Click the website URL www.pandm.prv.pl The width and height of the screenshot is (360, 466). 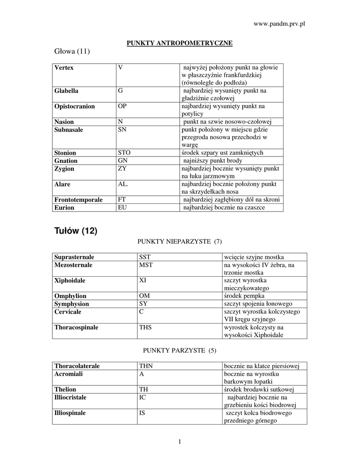point(278,23)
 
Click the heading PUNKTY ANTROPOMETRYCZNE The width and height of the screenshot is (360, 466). point(179,43)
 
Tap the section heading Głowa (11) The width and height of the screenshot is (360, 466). point(72,51)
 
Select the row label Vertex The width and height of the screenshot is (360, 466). point(64,68)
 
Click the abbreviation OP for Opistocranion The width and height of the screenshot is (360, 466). point(122,106)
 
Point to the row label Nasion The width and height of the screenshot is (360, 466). point(64,122)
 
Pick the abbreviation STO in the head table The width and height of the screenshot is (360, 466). point(124,153)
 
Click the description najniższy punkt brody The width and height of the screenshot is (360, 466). point(213,161)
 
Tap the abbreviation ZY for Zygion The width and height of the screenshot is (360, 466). point(122,169)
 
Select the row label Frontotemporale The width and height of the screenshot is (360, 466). point(78,200)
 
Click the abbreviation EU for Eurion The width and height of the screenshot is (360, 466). point(122,208)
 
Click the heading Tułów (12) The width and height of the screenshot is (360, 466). point(76,231)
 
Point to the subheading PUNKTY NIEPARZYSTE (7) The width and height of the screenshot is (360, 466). point(179,241)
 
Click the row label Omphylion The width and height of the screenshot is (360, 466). point(71,296)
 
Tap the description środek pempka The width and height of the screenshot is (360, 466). point(244,296)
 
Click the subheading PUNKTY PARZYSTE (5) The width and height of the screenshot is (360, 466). point(179,350)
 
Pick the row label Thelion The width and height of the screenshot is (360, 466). point(66,390)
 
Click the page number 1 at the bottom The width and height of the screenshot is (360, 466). point(180,441)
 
